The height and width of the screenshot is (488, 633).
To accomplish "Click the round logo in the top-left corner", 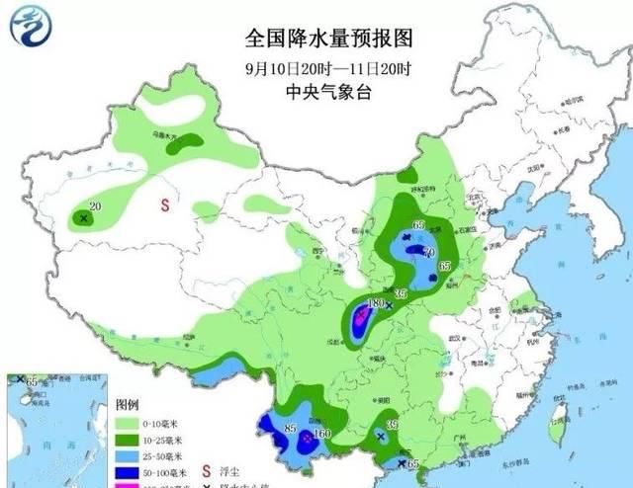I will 30,27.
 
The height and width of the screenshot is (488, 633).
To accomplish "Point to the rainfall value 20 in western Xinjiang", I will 95,205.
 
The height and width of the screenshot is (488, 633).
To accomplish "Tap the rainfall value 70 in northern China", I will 428,253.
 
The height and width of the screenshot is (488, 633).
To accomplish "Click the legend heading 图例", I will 127,405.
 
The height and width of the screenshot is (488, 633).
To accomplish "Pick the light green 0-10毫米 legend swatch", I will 128,423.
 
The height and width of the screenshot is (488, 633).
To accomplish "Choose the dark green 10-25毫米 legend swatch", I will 128,440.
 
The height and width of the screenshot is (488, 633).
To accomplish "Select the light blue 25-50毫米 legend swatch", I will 128,456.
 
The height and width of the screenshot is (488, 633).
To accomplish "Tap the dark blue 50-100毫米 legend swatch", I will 128,473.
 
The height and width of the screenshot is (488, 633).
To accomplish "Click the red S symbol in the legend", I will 206,457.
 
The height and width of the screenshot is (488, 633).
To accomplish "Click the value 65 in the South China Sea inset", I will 33,381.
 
